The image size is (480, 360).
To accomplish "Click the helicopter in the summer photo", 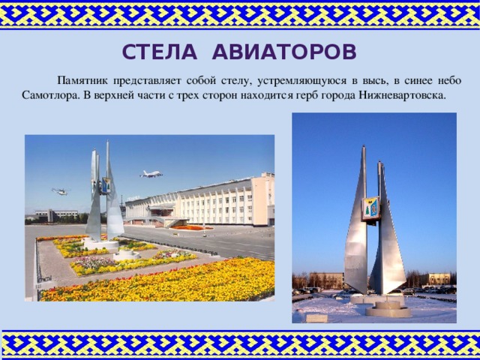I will point(59,191).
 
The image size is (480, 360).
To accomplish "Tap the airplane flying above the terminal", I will point(151,174).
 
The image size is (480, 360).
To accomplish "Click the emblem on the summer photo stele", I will point(106,184).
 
